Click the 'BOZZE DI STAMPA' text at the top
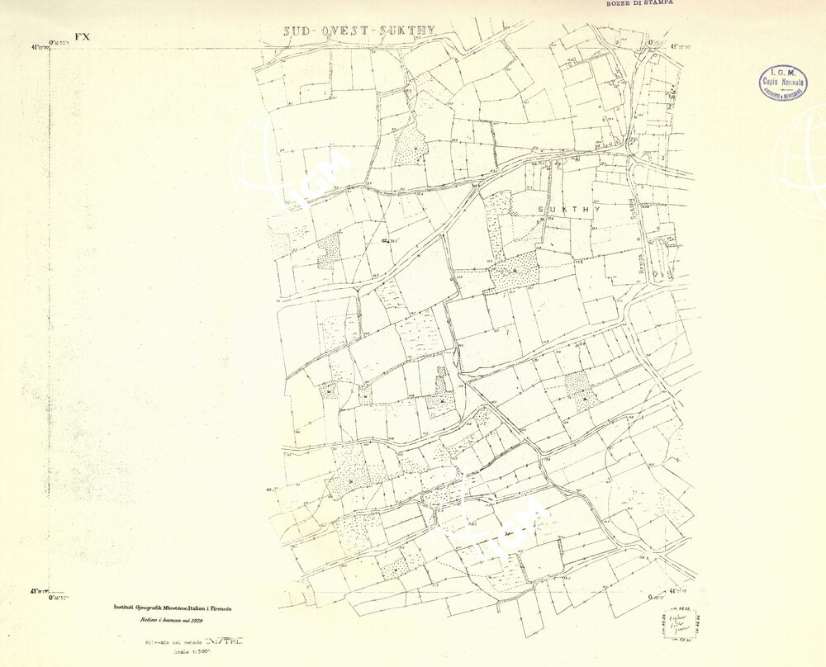pyautogui.click(x=639, y=3)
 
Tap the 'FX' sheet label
pyautogui.click(x=82, y=36)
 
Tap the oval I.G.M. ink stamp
pyautogui.click(x=783, y=82)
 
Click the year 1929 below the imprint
pyautogui.click(x=195, y=618)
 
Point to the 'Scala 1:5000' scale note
pyautogui.click(x=169, y=650)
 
